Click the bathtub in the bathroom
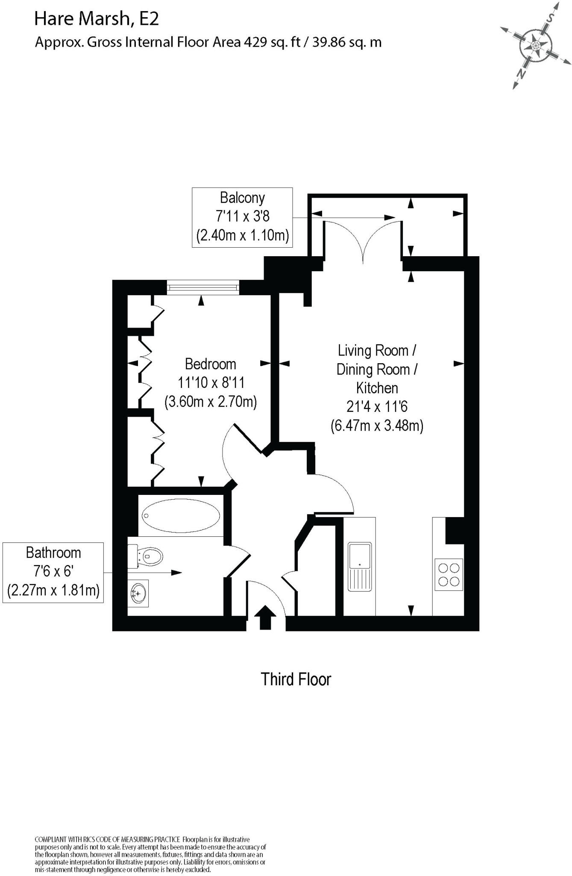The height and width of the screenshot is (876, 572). coord(181,515)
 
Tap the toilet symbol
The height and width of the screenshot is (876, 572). coord(147,556)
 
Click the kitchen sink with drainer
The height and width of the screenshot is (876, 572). coord(360,566)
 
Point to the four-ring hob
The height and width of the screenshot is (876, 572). coord(449,574)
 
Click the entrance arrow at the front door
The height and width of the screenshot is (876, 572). coord(265,617)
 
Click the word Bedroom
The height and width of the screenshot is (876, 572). coord(210,364)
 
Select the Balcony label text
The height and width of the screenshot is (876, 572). coord(242,198)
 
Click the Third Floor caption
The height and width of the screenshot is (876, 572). coord(296,679)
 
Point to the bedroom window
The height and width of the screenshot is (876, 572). coord(202,287)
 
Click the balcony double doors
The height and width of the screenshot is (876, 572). coord(363,240)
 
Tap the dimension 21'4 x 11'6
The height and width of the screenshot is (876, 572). coord(377,406)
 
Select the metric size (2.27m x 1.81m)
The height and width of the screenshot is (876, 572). coord(53,590)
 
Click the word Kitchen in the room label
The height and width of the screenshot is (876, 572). coord(377,388)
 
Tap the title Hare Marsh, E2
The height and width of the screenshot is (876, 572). coord(96,19)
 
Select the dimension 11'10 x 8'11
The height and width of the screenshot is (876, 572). coord(211,382)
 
